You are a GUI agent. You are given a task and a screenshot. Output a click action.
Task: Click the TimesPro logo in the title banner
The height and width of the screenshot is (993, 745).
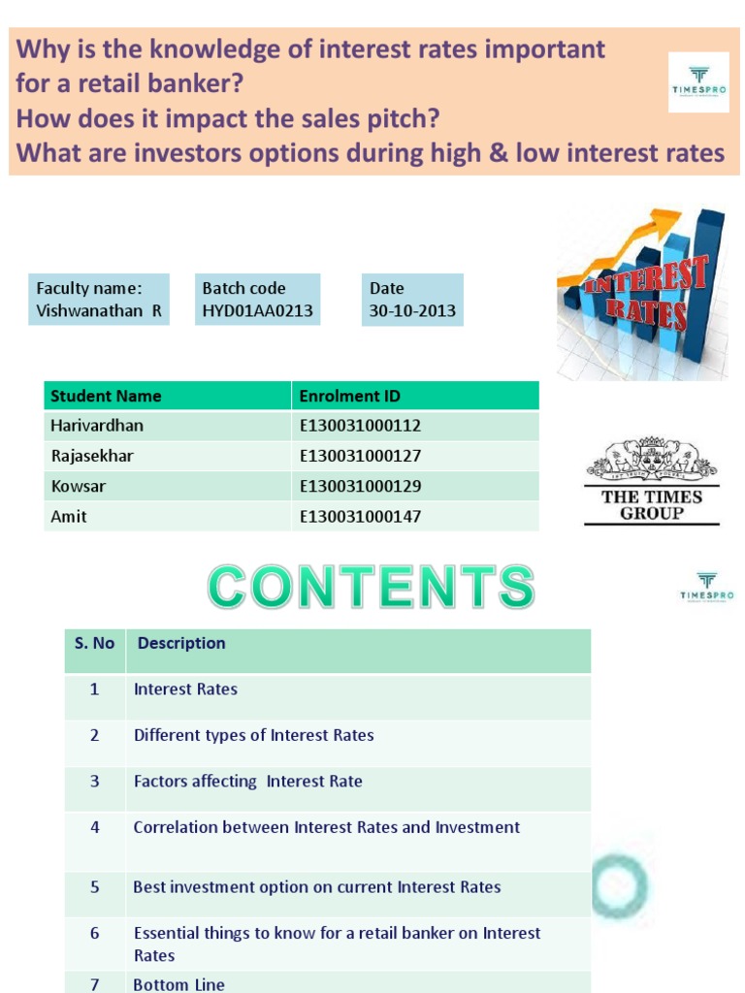(698, 81)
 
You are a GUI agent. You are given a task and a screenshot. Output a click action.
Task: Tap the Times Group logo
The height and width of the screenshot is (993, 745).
(651, 482)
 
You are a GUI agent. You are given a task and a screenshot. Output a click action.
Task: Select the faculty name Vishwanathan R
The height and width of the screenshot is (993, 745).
(99, 311)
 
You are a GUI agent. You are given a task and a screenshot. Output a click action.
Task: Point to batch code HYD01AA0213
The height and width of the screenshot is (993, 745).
(257, 311)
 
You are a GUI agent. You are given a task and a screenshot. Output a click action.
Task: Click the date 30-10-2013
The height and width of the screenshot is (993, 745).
(412, 311)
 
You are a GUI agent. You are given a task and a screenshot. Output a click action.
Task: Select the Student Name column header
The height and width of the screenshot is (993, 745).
(106, 396)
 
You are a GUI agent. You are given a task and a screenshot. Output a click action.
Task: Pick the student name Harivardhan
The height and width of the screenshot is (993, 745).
(97, 425)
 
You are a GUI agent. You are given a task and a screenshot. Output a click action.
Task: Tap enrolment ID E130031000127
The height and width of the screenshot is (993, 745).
(360, 456)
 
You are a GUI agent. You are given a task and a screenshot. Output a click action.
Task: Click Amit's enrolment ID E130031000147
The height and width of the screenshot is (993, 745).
(360, 517)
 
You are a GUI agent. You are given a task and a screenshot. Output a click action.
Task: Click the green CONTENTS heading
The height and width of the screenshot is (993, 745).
(371, 588)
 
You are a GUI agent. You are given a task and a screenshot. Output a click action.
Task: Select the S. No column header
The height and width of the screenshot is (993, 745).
(94, 644)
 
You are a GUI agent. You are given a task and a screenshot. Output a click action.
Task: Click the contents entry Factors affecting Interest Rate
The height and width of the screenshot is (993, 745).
(247, 782)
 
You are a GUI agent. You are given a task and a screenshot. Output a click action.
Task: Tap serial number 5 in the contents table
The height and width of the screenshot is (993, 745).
(95, 887)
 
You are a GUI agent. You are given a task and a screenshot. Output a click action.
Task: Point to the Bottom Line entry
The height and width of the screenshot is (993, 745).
(178, 983)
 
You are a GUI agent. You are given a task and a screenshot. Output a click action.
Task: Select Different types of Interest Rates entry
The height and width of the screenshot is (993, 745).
(253, 735)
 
